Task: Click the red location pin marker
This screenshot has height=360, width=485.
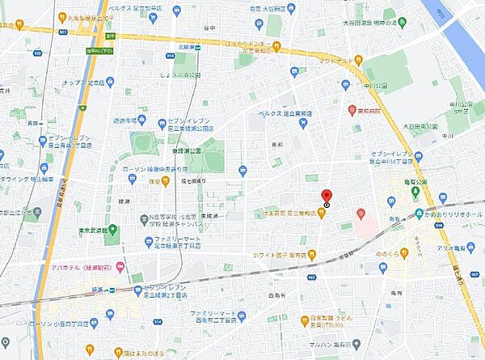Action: (327, 197)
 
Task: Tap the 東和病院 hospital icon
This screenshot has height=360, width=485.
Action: (352, 109)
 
